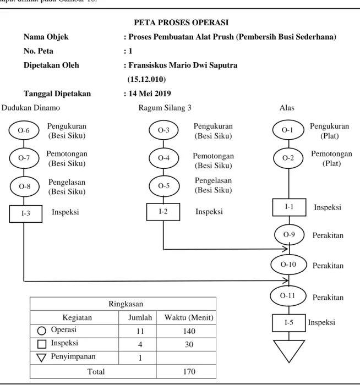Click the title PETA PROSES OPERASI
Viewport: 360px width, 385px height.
(x=181, y=23)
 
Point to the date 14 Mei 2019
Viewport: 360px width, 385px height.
(x=150, y=94)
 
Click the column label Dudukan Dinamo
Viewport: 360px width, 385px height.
(x=31, y=108)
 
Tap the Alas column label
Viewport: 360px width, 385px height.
(x=287, y=108)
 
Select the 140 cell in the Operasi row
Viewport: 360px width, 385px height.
(x=189, y=331)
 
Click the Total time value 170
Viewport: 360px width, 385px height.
(x=189, y=371)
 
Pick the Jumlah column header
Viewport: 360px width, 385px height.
(x=140, y=318)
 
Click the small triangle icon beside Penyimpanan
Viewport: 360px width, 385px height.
(x=41, y=358)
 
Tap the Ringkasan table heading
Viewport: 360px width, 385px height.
(x=126, y=304)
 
